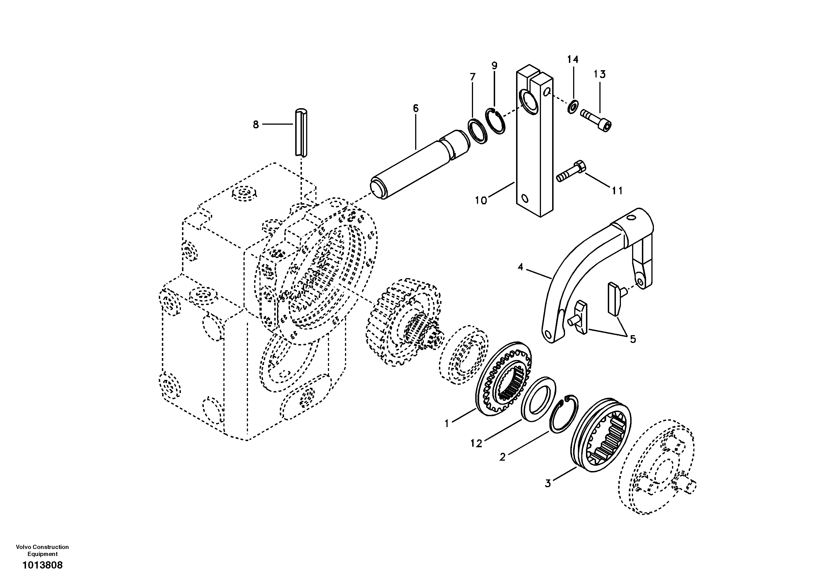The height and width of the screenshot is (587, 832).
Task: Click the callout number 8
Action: [x=256, y=125]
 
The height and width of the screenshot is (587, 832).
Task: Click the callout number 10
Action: [x=481, y=200]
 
